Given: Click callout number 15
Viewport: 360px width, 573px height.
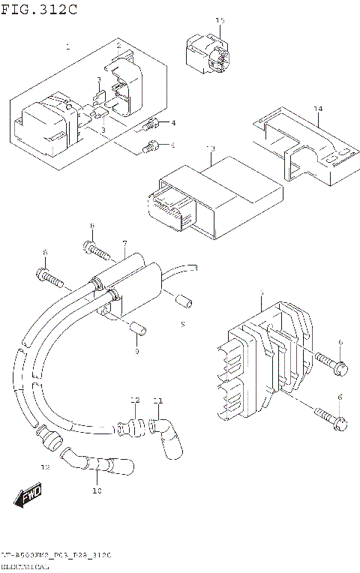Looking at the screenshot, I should [220, 21].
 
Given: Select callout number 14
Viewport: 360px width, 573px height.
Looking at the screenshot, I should [318, 109].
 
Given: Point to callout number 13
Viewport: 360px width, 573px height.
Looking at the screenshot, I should [211, 148].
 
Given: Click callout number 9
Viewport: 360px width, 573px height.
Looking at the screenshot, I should [136, 351].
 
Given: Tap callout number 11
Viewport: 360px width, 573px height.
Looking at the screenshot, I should [157, 400].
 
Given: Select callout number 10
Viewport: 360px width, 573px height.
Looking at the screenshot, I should [96, 491].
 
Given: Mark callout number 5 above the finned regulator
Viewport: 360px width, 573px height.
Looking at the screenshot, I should [261, 293].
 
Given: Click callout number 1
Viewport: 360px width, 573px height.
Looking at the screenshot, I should [67, 46].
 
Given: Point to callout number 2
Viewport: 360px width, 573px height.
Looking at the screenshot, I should [118, 46].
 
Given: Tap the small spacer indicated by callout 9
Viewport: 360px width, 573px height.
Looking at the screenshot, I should [136, 328].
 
